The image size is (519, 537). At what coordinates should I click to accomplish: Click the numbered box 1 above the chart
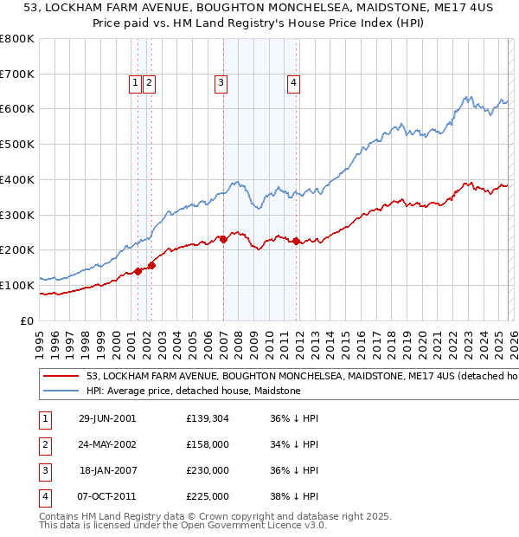pos(136,83)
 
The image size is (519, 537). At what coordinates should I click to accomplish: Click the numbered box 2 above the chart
pos(149,83)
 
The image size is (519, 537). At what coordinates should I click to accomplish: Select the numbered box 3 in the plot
pos(221,83)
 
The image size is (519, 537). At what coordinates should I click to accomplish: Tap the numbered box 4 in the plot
pos(294,83)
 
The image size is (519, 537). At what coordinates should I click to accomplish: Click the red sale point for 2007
pos(223,239)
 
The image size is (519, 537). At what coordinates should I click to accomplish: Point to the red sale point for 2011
pos(296,241)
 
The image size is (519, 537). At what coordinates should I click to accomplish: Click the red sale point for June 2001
pos(138,271)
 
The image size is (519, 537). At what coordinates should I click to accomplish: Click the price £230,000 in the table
pos(208,471)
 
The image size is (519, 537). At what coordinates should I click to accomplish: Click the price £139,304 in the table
pos(208,418)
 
